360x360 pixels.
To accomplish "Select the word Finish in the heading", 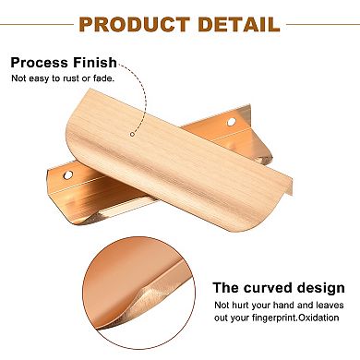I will coord(96,63).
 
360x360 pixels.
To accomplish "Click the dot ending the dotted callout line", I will coord(132,135).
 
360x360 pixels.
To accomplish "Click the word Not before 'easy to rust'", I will coord(18,79).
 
